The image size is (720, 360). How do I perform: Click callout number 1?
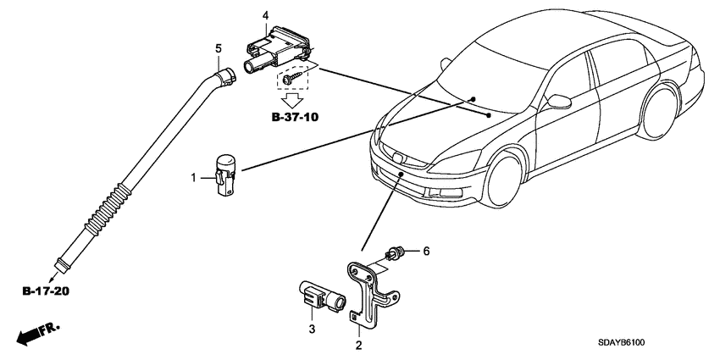tap(194, 177)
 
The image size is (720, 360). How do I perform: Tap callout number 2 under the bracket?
tap(358, 345)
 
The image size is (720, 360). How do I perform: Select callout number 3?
tap(312, 329)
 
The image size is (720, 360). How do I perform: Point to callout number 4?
tap(265, 16)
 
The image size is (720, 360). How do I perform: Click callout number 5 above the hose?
tap(219, 47)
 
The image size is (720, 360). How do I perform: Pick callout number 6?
tap(426, 252)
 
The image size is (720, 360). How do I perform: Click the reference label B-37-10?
tap(295, 117)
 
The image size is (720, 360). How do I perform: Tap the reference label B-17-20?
tap(46, 291)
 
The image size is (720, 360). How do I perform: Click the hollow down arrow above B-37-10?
tap(292, 100)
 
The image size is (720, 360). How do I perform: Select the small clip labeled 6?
tap(395, 253)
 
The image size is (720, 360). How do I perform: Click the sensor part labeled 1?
tap(225, 175)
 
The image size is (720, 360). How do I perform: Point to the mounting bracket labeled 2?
tap(372, 293)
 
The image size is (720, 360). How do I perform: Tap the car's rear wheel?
tap(661, 112)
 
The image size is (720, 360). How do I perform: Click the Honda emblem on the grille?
tap(397, 158)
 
